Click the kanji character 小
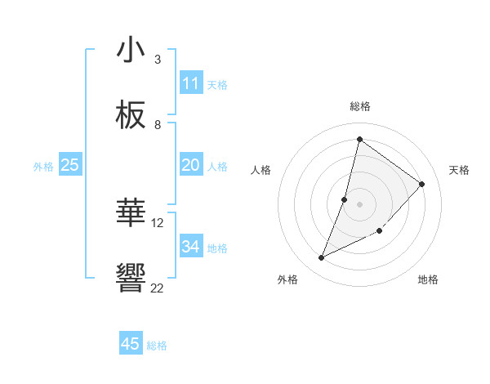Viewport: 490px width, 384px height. coord(131,51)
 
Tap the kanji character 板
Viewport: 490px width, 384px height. coord(131,116)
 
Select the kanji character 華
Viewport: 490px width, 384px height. coord(131,214)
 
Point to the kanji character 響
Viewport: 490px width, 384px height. coord(131,279)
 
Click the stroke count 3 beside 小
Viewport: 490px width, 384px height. coord(157,60)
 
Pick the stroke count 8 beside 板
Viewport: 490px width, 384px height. coord(157,125)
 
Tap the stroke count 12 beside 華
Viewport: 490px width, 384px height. coord(158,222)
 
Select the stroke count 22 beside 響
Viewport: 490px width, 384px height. coord(158,288)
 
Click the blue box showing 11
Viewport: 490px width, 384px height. coord(190,83)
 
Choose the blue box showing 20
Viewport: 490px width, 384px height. coord(190,165)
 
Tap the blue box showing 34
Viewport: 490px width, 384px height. coord(190,247)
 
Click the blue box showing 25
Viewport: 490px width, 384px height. coord(70,165)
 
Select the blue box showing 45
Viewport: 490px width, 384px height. coord(131,344)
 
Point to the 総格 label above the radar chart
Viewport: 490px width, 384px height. coord(359,106)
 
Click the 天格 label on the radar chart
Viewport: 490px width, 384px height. coord(459,170)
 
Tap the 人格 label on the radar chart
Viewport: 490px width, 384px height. coord(261,170)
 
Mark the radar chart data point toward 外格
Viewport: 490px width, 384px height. coord(322,258)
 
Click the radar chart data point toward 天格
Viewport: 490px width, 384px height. coord(422,184)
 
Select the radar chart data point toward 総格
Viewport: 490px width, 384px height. coord(359,139)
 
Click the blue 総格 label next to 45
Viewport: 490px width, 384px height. coord(157,346)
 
